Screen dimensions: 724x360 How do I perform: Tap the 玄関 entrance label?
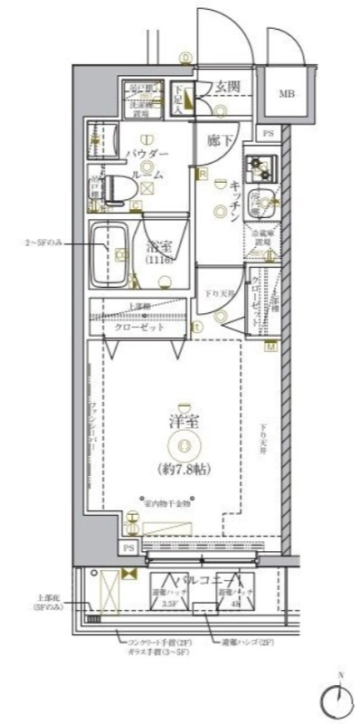[x=226, y=87]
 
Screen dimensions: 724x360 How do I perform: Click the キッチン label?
[x=232, y=199]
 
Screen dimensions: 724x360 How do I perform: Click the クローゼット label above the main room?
[x=139, y=327]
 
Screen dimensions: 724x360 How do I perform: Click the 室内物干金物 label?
[x=170, y=502]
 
